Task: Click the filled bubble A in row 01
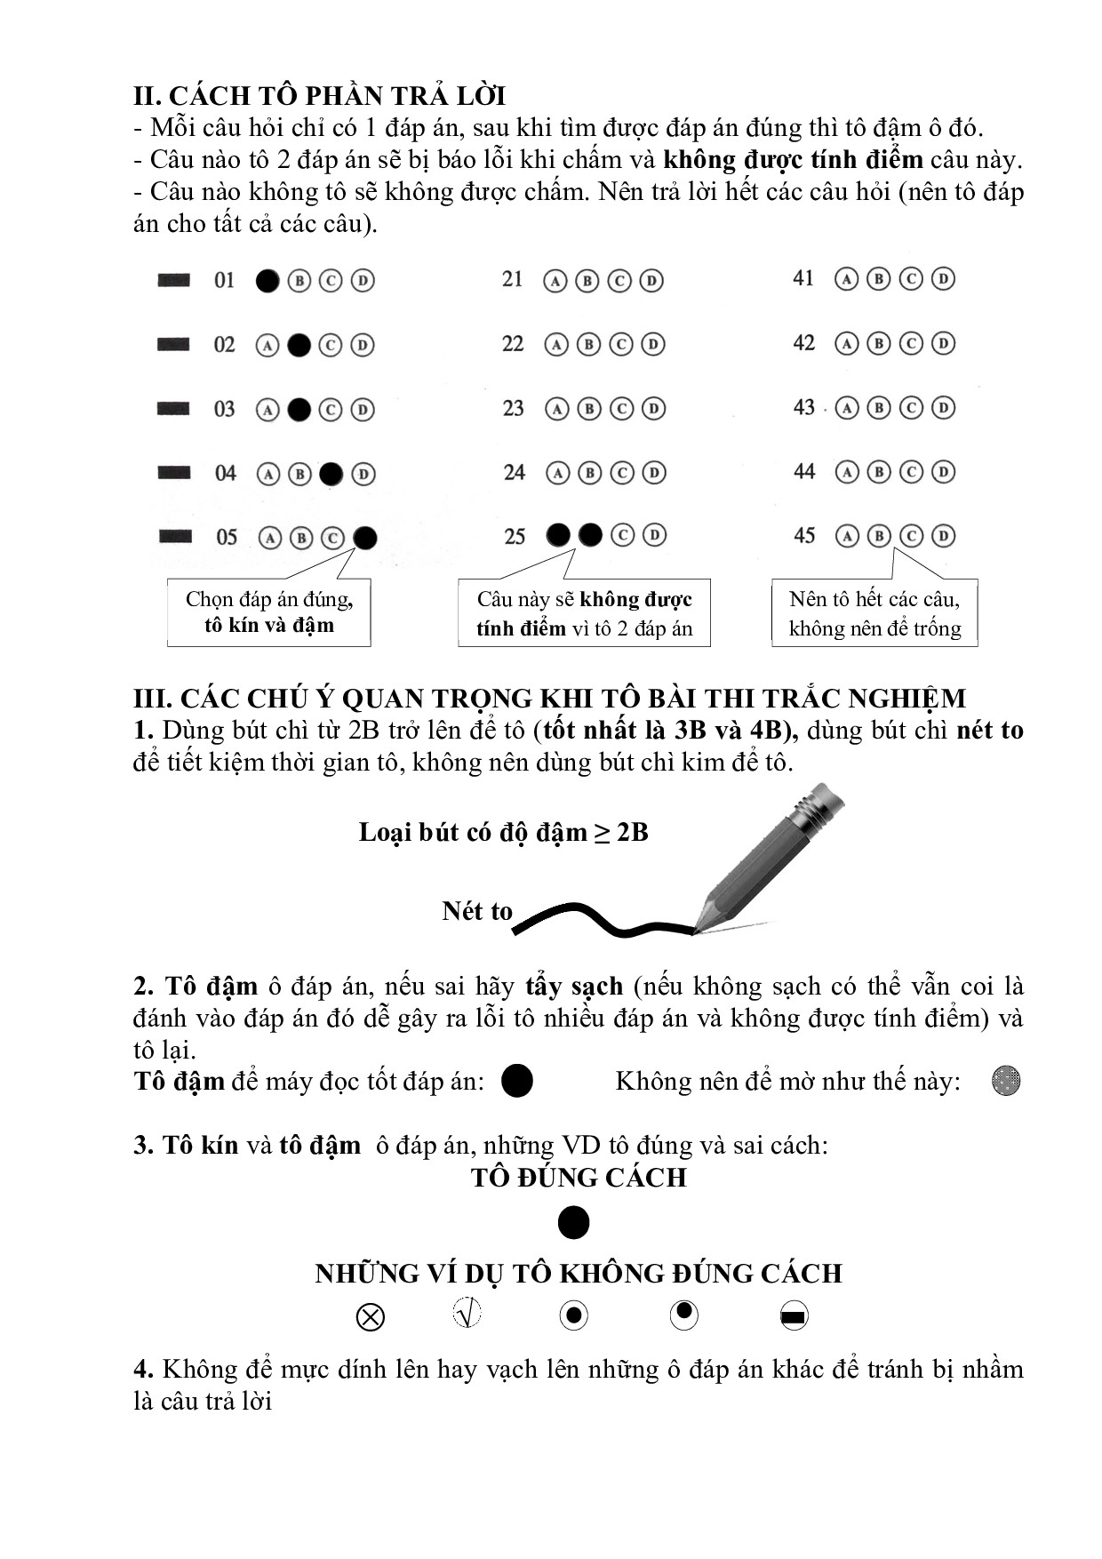268,281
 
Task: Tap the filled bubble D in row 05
364,538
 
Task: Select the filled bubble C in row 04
331,474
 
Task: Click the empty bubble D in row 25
654,535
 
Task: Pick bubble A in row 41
847,279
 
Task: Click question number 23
514,409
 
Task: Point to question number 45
804,536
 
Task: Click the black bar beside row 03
173,409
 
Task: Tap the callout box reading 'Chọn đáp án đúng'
269,612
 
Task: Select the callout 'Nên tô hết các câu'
874,613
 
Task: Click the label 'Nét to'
477,911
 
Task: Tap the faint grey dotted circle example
1006,1082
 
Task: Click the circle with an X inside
370,1316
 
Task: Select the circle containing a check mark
467,1313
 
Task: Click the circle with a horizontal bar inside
794,1316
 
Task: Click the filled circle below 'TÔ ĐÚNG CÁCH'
573,1223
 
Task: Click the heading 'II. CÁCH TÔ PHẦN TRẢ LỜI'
320,96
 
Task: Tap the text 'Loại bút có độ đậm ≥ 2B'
503,833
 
